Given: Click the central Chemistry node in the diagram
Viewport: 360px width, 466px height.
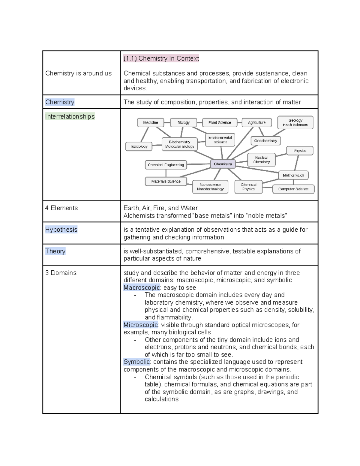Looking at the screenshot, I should [x=223, y=164].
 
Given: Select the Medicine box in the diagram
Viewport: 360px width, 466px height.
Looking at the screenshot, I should [x=151, y=122].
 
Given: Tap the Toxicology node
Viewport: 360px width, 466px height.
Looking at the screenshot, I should [x=139, y=146].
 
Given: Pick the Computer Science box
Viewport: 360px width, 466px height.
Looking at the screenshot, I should [x=293, y=189].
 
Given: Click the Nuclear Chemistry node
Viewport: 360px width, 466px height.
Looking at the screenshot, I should [x=261, y=160].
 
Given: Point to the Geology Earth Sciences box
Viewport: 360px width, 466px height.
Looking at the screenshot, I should [x=295, y=122].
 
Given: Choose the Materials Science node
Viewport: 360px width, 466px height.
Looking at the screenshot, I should [x=166, y=181].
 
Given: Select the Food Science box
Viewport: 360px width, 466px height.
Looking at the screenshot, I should [x=220, y=122].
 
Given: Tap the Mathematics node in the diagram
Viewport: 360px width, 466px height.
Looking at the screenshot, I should [x=293, y=175].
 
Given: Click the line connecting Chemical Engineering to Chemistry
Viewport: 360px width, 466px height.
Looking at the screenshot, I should [x=198, y=164].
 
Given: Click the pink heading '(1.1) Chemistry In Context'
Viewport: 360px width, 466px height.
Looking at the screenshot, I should [x=161, y=59].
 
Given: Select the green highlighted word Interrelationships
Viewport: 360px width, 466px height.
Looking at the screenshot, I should [x=70, y=116].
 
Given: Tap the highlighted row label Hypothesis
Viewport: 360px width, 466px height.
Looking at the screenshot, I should [x=61, y=230].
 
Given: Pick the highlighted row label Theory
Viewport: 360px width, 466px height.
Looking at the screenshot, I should [x=55, y=251].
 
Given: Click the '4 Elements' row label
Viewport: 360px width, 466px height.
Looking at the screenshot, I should [x=61, y=208].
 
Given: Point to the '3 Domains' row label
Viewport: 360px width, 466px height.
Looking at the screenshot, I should [x=61, y=273].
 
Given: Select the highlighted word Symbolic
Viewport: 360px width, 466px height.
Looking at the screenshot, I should [x=136, y=362].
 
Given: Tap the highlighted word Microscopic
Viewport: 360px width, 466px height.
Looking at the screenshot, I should [x=140, y=325].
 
